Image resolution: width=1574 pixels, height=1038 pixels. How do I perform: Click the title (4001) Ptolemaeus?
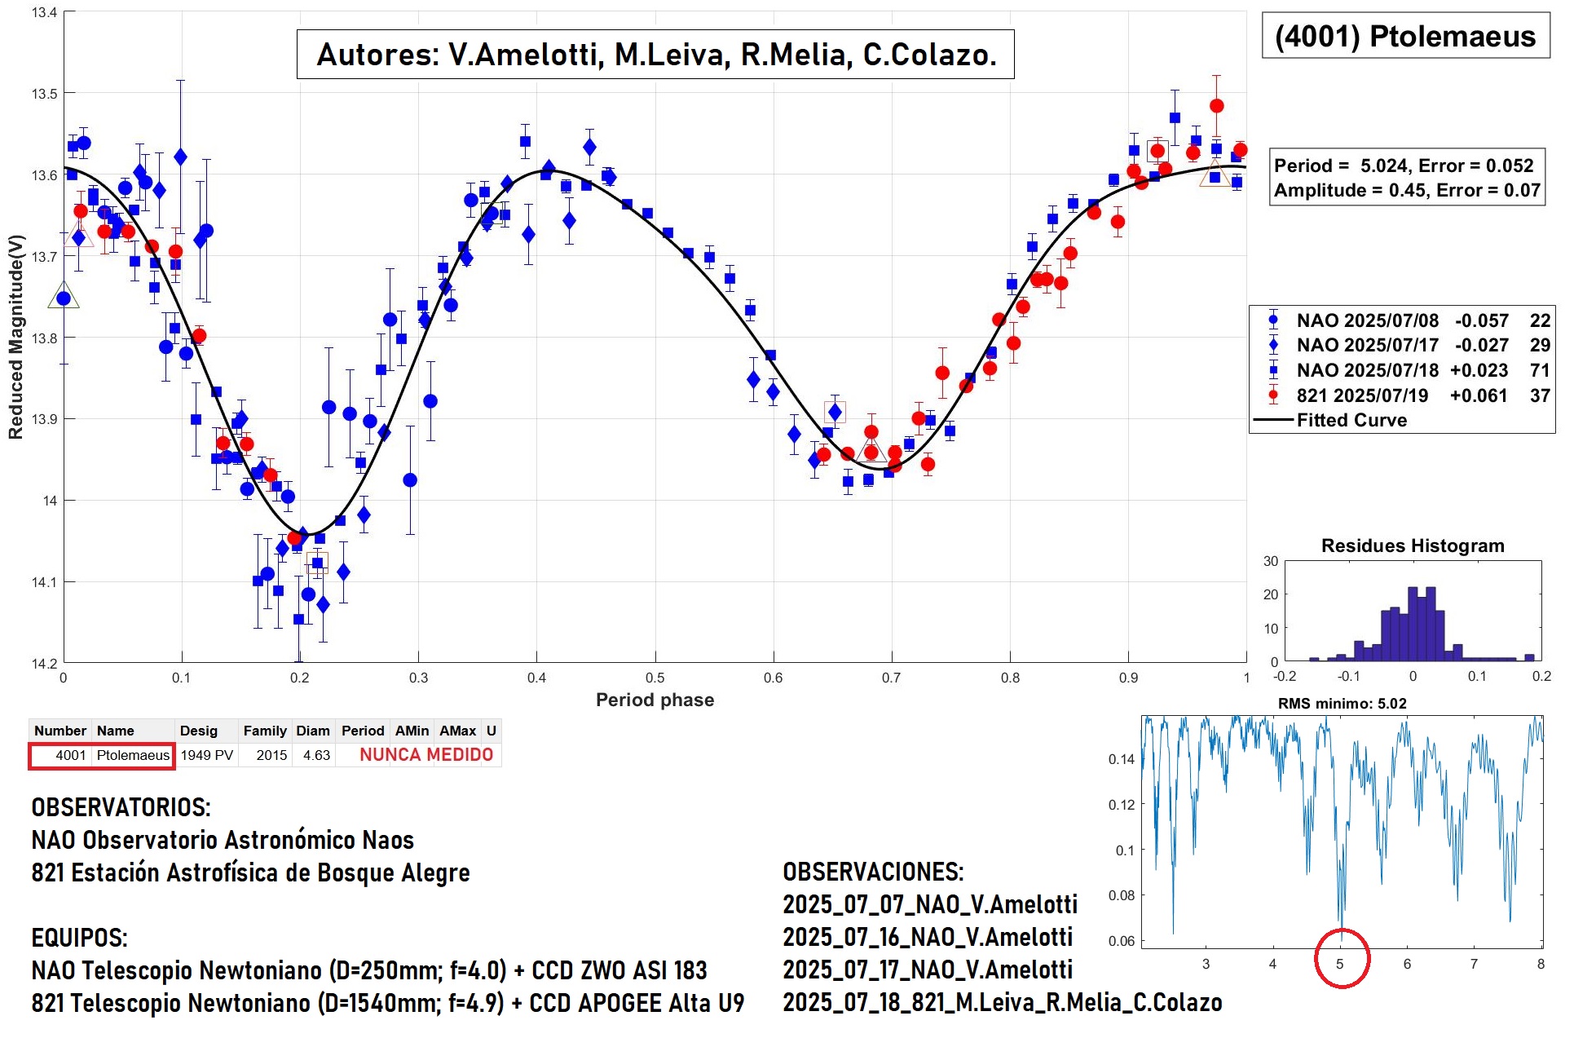point(1404,37)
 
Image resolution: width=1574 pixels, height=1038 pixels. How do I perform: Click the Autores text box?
point(655,55)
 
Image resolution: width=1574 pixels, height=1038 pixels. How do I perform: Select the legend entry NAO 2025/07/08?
point(1367,320)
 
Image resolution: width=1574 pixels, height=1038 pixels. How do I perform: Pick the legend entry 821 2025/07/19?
point(1362,395)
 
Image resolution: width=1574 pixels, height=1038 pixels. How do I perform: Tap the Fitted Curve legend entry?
point(1351,420)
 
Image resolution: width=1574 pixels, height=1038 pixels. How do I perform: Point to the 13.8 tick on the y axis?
point(44,338)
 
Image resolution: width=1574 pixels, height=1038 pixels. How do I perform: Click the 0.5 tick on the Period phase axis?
point(655,678)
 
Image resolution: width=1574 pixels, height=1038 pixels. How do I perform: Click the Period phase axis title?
point(655,700)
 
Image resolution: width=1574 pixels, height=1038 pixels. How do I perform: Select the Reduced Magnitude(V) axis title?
point(15,337)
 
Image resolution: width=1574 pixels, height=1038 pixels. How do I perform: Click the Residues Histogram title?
point(1412,546)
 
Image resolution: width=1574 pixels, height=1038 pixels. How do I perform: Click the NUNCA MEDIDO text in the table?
point(426,755)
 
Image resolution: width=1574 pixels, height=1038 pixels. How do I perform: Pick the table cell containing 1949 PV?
point(207,755)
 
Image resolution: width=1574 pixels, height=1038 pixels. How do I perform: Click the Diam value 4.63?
point(316,755)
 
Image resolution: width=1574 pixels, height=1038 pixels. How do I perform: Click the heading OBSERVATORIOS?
point(121,807)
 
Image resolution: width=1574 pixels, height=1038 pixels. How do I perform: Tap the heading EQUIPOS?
point(79,938)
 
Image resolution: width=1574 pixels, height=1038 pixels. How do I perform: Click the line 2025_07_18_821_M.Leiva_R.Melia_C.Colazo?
point(1002,1002)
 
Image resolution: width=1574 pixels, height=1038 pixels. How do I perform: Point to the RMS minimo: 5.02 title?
point(1342,704)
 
